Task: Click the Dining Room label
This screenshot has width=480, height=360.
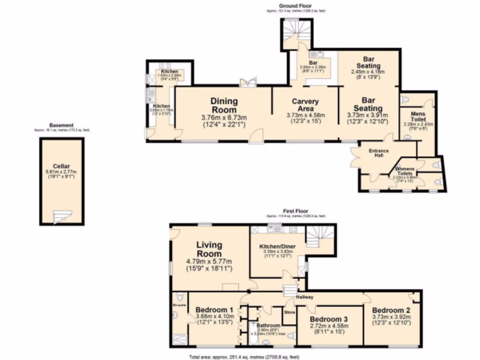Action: pyautogui.click(x=224, y=105)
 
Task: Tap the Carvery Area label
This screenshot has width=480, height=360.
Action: pyautogui.click(x=305, y=105)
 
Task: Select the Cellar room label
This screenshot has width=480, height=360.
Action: pyautogui.click(x=61, y=166)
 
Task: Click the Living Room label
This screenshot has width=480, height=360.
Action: pyautogui.click(x=209, y=249)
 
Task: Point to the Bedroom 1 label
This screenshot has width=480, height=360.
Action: pyautogui.click(x=215, y=310)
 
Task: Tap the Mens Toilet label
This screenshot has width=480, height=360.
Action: pyautogui.click(x=418, y=116)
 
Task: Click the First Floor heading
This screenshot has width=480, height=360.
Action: pyautogui.click(x=295, y=211)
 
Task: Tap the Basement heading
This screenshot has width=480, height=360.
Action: pyautogui.click(x=61, y=125)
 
